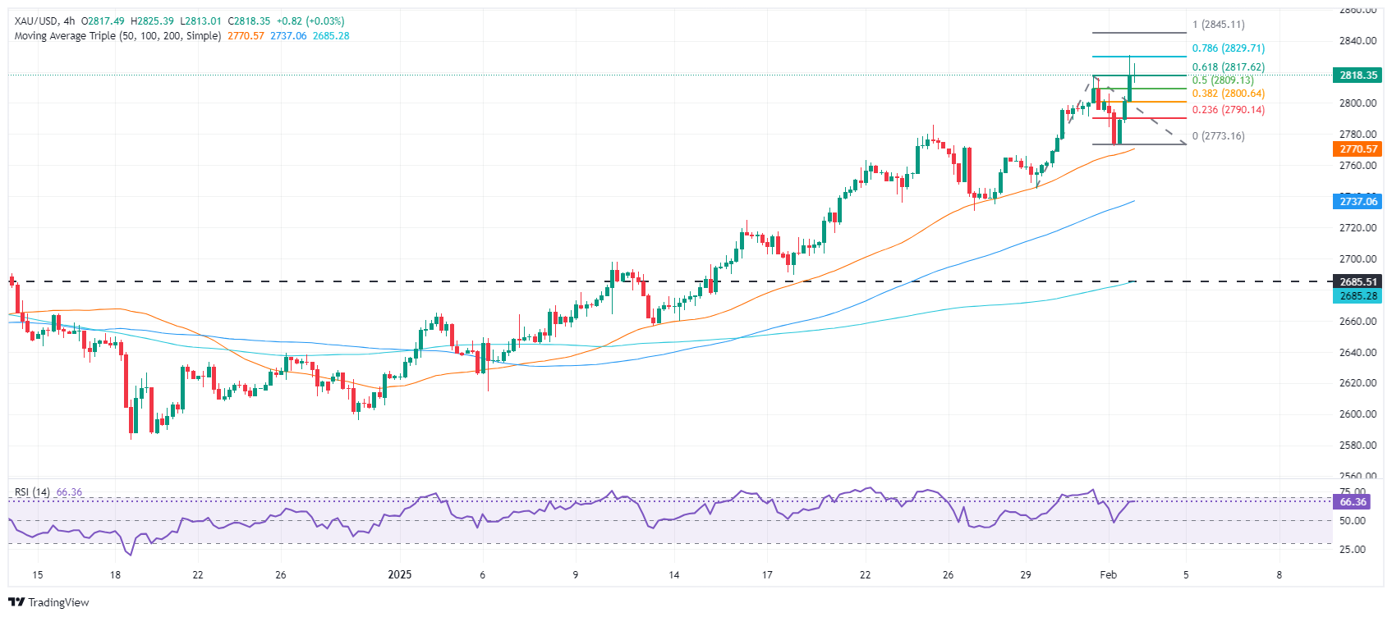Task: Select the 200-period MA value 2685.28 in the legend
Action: click(x=331, y=36)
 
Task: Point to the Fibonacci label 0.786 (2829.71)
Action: click(x=1228, y=48)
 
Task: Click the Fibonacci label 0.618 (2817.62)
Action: click(x=1228, y=67)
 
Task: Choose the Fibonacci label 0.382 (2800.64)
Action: click(x=1228, y=94)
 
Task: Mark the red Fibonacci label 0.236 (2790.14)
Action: click(x=1228, y=110)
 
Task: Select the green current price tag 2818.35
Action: click(x=1358, y=75)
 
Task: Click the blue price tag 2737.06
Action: click(x=1358, y=201)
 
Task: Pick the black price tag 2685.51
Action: click(x=1358, y=281)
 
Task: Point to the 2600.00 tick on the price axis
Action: click(x=1358, y=414)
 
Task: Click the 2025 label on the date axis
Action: click(x=399, y=574)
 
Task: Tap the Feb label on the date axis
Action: click(x=1108, y=574)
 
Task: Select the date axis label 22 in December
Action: click(x=198, y=574)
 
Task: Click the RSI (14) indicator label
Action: click(x=32, y=492)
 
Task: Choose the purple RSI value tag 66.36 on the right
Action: click(x=1353, y=501)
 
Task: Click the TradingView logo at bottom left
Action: click(x=48, y=602)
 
